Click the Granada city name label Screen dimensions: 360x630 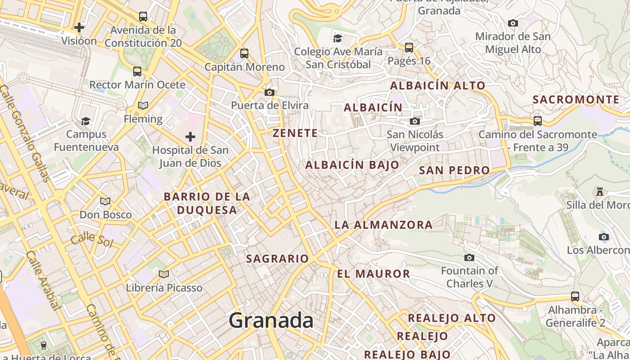pyautogui.click(x=271, y=320)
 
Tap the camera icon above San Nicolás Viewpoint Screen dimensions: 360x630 pyautogui.click(x=414, y=121)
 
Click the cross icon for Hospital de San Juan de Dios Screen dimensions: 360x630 pyautogui.click(x=190, y=136)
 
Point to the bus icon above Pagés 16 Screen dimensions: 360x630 pyautogui.click(x=409, y=47)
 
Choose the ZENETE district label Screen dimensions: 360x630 pyautogui.click(x=295, y=133)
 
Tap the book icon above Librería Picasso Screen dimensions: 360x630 pyautogui.click(x=164, y=274)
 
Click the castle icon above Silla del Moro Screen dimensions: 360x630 pyautogui.click(x=599, y=192)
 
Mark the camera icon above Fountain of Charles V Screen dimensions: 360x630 pyautogui.click(x=469, y=257)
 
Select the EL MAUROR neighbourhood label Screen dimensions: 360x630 pyautogui.click(x=373, y=274)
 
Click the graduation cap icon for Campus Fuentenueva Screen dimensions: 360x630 pyautogui.click(x=85, y=121)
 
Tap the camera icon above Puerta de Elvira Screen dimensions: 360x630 pyautogui.click(x=270, y=92)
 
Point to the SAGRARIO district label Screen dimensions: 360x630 pyautogui.click(x=277, y=259)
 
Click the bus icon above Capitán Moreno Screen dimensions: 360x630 pyautogui.click(x=244, y=54)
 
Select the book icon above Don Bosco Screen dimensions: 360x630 pyautogui.click(x=105, y=201)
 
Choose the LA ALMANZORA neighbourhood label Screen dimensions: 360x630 pyautogui.click(x=383, y=225)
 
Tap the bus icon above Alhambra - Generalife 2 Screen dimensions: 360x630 pyautogui.click(x=575, y=297)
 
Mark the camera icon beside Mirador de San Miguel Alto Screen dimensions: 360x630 pyautogui.click(x=513, y=23)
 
